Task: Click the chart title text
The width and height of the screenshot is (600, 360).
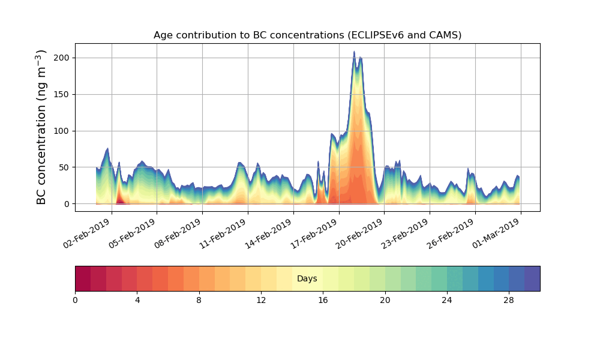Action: pos(307,35)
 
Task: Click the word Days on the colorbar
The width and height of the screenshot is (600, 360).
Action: pos(307,279)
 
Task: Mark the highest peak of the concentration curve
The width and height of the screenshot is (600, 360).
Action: pos(354,52)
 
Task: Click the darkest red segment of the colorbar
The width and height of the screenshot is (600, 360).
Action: pos(83,278)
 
